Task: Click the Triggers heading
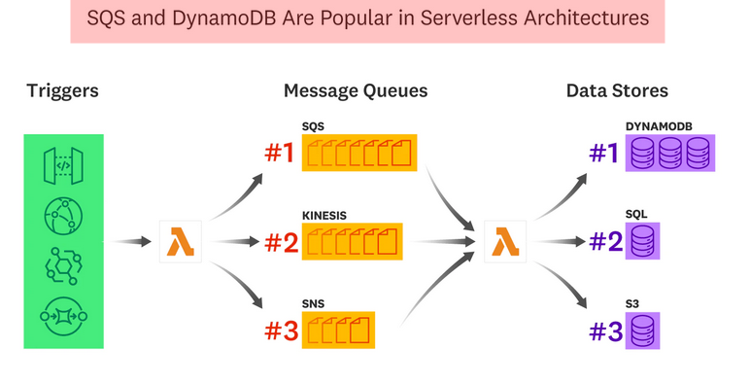63,91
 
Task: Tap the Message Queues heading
355,91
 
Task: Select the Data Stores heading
617,91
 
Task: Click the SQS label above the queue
313,126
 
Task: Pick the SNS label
313,303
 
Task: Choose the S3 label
632,303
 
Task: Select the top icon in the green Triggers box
63,164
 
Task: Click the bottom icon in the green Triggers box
63,314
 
